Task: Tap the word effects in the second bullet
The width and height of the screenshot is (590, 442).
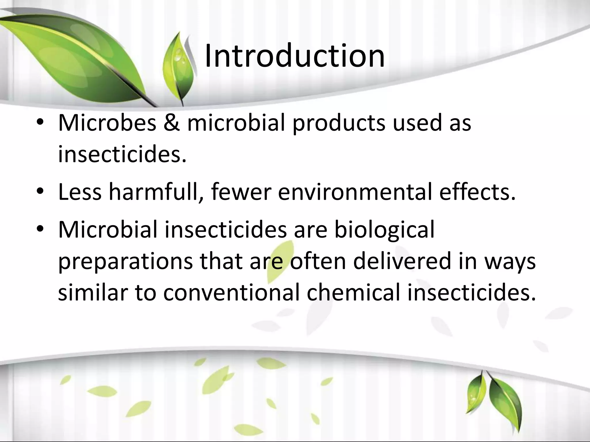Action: point(477,192)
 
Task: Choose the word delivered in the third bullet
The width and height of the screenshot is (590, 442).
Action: point(402,261)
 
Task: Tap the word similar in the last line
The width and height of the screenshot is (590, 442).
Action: point(93,293)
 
